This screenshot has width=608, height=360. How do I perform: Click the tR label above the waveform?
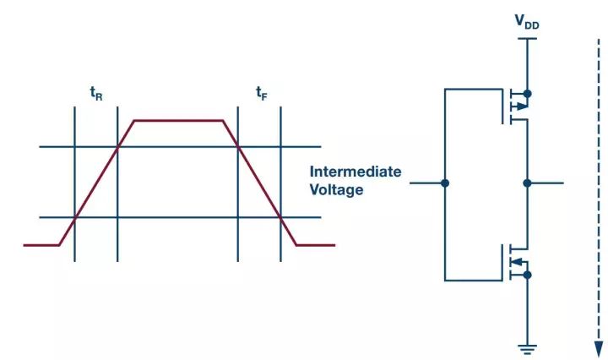pyautogui.click(x=96, y=94)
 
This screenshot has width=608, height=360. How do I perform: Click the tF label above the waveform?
pyautogui.click(x=262, y=93)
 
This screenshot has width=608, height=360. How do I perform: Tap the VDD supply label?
pyautogui.click(x=527, y=22)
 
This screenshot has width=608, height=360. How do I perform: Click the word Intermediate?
pyautogui.click(x=356, y=172)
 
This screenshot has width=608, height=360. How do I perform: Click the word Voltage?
pyautogui.click(x=336, y=189)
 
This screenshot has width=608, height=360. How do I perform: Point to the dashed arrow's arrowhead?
pyautogui.click(x=599, y=349)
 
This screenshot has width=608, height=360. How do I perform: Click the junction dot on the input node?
pyautogui.click(x=445, y=183)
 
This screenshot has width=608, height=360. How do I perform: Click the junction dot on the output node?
pyautogui.click(x=527, y=183)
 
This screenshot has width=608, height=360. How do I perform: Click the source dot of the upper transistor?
pyautogui.click(x=527, y=94)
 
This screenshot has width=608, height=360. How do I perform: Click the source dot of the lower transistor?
pyautogui.click(x=527, y=275)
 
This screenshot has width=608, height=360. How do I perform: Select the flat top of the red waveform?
pyautogui.click(x=178, y=121)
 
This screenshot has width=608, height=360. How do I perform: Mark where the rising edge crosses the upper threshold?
pyautogui.click(x=117, y=147)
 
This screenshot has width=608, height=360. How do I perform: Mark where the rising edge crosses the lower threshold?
pyautogui.click(x=75, y=217)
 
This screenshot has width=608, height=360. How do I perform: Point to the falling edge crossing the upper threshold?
pyautogui.click(x=238, y=147)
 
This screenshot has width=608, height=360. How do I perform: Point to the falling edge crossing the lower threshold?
pyautogui.click(x=280, y=217)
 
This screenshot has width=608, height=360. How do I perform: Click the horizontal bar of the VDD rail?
pyautogui.click(x=527, y=38)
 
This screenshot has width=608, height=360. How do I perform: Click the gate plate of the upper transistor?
pyautogui.click(x=503, y=106)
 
